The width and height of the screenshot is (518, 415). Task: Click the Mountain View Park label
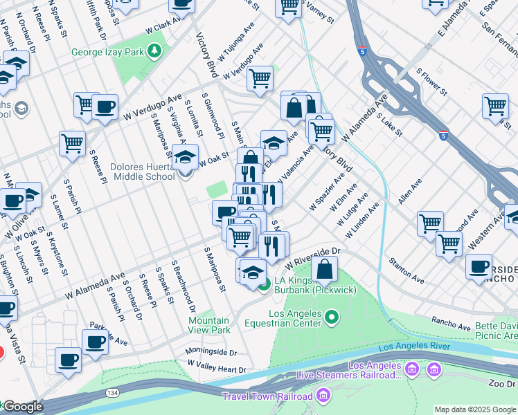(x=209, y=325)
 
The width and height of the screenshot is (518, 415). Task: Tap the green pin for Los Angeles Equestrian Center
(x=332, y=317)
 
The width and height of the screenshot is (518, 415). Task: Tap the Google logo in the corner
(x=22, y=407)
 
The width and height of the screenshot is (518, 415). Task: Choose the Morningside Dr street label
(x=211, y=351)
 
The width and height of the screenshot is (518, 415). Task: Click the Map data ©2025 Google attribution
(x=475, y=409)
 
